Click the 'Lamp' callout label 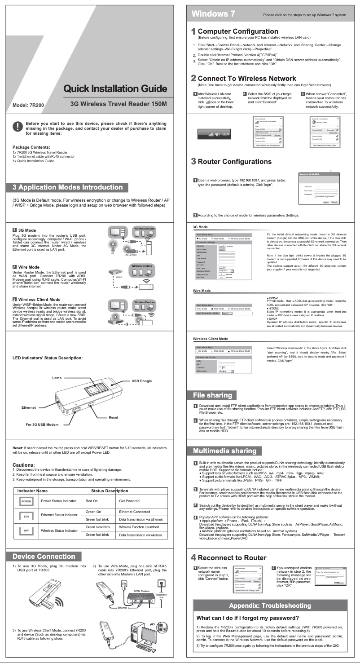click(57, 379)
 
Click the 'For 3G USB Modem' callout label click(42, 424)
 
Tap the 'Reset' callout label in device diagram click(114, 417)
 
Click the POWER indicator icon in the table click(26, 500)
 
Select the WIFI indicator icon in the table click(26, 530)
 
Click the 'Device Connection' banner click(44, 557)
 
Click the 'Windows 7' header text click(214, 13)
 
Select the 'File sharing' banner click(212, 395)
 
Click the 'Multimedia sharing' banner click(224, 451)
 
